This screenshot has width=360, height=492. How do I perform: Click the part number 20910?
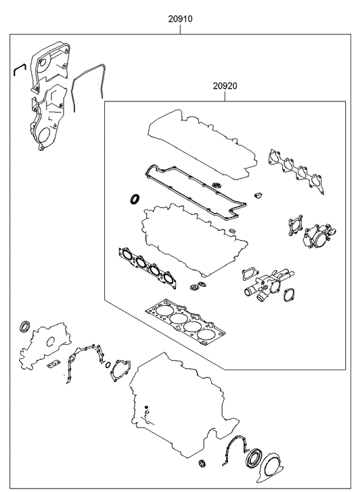(181, 20)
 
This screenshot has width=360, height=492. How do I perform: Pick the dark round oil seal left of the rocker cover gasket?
(135, 199)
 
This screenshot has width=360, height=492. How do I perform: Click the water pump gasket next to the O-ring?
(122, 370)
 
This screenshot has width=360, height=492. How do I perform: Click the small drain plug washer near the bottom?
(201, 464)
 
